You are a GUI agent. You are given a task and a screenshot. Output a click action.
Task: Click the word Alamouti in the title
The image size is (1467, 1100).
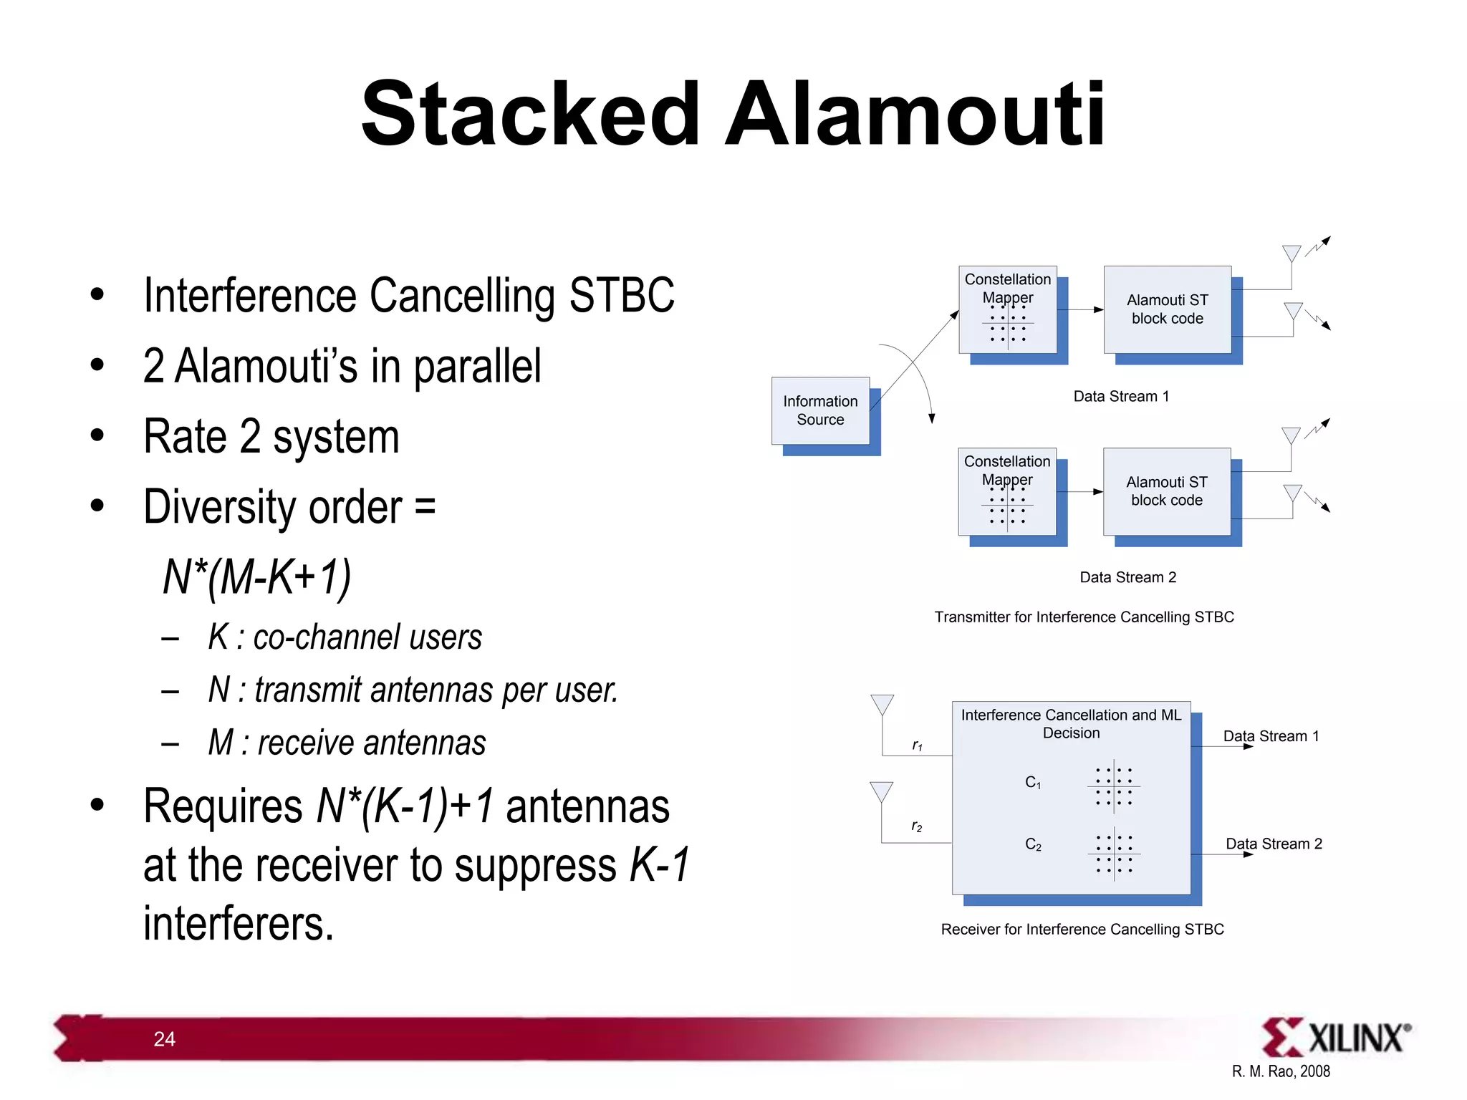tap(915, 115)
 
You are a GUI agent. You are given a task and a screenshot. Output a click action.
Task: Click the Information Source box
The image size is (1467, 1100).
tap(820, 410)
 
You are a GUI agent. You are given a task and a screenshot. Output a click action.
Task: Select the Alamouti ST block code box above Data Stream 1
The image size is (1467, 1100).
tap(1167, 309)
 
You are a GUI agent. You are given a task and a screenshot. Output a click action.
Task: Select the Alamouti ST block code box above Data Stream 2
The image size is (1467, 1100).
tap(1166, 491)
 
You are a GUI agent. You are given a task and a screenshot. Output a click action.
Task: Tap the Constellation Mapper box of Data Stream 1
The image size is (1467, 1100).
tap(1007, 309)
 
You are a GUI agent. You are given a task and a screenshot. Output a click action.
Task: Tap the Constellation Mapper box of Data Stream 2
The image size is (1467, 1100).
tap(1006, 491)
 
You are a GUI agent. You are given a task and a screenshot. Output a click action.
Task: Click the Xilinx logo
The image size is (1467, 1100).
tap(1335, 1037)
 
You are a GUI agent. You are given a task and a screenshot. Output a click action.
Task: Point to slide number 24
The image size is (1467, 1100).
tap(164, 1039)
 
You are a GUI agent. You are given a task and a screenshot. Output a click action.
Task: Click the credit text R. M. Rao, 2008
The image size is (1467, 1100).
tap(1280, 1071)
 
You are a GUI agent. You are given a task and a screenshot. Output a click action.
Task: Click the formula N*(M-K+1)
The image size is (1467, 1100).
tap(256, 576)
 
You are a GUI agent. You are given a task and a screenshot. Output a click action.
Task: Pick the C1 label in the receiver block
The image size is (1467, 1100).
tap(1033, 782)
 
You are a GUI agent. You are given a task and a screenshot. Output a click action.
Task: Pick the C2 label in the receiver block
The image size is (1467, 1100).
tap(1033, 844)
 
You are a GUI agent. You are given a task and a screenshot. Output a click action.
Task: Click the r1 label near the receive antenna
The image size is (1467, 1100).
tap(917, 746)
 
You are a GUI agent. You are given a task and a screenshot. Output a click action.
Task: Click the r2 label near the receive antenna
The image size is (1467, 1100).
tap(917, 826)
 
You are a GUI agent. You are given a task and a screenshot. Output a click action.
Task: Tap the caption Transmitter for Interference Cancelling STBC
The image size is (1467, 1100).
tap(1084, 617)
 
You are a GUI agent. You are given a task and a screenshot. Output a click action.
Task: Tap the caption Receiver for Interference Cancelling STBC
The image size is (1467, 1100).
tap(1082, 929)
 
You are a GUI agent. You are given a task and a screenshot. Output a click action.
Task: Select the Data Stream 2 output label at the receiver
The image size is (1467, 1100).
tap(1274, 844)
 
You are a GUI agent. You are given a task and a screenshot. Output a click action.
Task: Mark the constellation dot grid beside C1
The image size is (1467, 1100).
tap(1113, 786)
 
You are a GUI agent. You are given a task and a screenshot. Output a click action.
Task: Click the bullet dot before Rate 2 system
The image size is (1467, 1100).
tap(97, 435)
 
